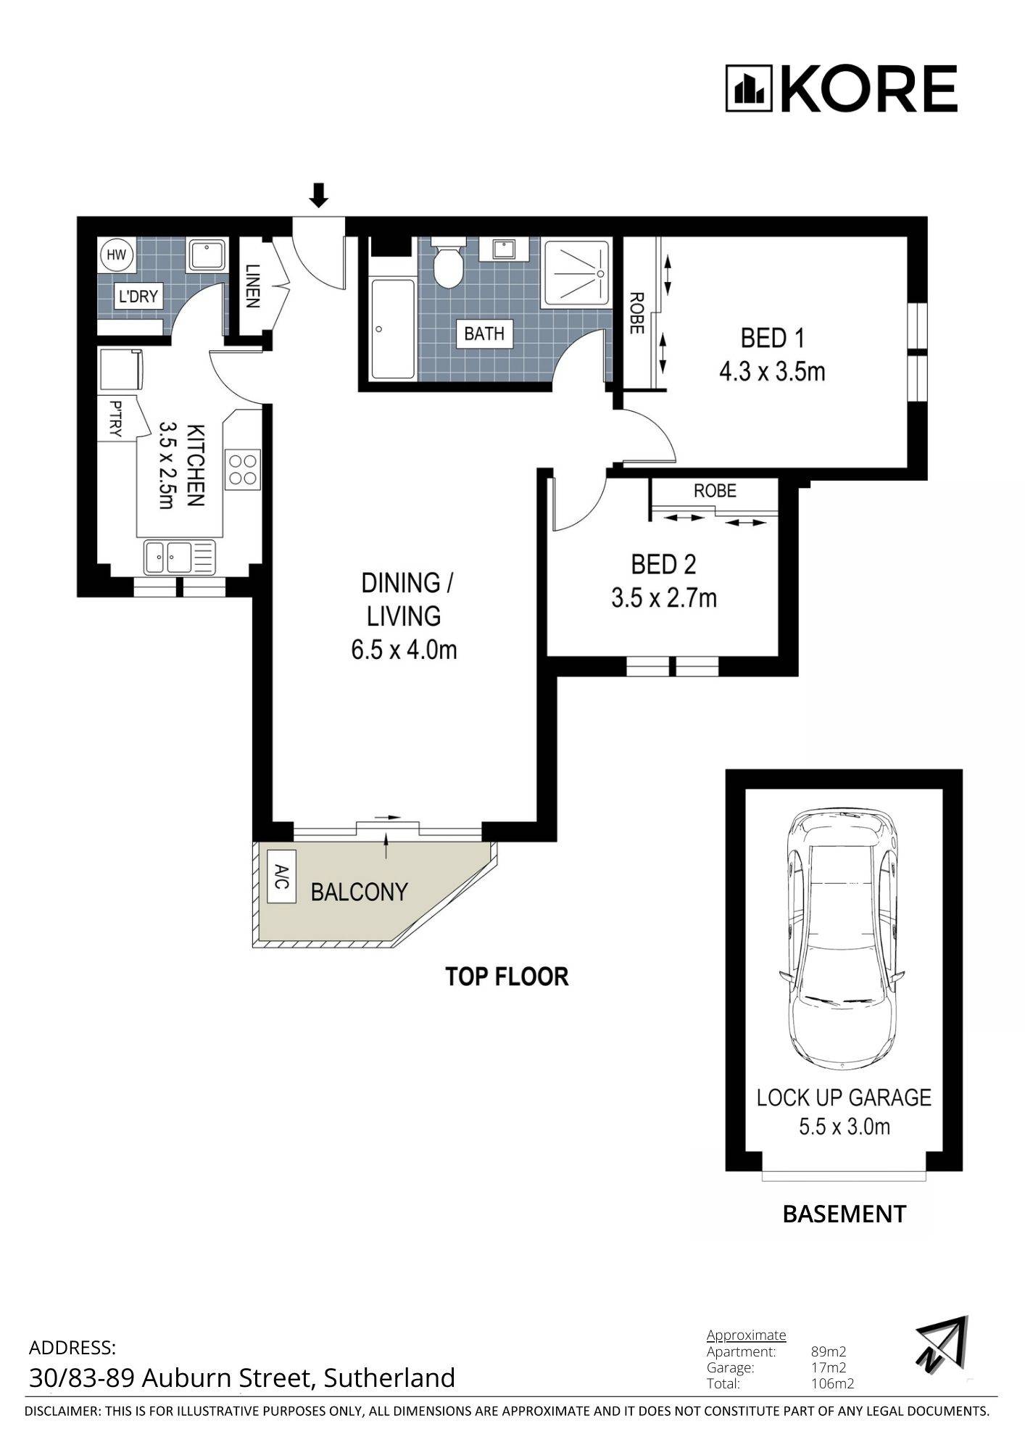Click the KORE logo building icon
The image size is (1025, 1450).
click(750, 89)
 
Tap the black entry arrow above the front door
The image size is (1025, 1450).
click(319, 194)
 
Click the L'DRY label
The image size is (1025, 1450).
click(138, 297)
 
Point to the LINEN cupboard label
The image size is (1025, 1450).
click(252, 286)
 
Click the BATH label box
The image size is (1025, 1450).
click(484, 333)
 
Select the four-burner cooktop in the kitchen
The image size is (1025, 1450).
click(244, 468)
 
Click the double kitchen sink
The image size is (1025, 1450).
click(180, 558)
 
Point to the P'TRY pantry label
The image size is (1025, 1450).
click(115, 419)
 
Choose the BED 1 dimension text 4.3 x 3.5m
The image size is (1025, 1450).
click(772, 372)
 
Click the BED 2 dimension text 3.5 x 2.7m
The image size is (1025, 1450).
click(664, 598)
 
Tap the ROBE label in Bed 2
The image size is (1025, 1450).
click(715, 491)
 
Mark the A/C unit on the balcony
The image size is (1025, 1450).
click(282, 877)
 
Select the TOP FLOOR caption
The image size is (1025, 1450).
click(507, 977)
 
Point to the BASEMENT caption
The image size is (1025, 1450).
click(845, 1214)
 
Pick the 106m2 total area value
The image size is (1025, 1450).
click(832, 1383)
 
